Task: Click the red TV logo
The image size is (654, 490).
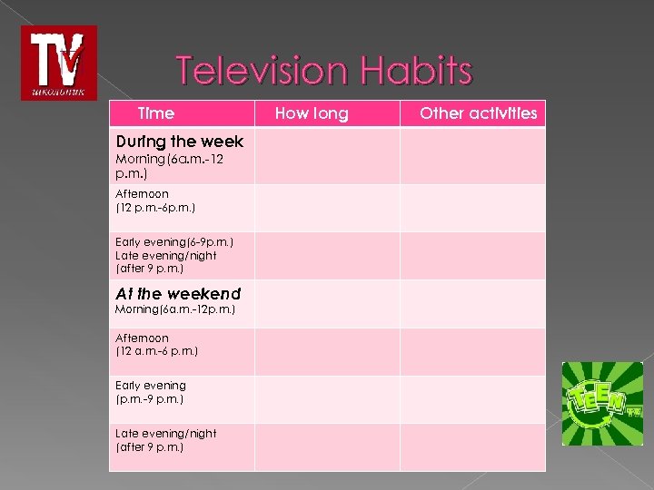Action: pyautogui.click(x=58, y=63)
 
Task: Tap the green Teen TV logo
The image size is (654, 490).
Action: pyautogui.click(x=601, y=404)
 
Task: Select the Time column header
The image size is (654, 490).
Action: pyautogui.click(x=155, y=113)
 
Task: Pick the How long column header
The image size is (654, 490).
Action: pyautogui.click(x=311, y=113)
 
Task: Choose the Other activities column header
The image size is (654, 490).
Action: pyautogui.click(x=478, y=113)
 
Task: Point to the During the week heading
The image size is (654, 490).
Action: pyautogui.click(x=180, y=142)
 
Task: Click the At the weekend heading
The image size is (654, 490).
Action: pyautogui.click(x=178, y=294)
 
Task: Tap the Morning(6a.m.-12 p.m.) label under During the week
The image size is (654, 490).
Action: pyautogui.click(x=170, y=165)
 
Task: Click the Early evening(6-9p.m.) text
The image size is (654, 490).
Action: pyautogui.click(x=174, y=242)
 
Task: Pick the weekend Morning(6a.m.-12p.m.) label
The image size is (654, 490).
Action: pyautogui.click(x=175, y=310)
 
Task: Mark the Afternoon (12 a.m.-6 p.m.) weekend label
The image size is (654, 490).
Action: pyautogui.click(x=156, y=345)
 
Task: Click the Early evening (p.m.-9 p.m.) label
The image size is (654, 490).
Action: pyautogui.click(x=151, y=392)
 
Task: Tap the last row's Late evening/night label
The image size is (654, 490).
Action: pyautogui.click(x=166, y=440)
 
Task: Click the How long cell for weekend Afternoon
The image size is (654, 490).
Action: pyautogui.click(x=327, y=352)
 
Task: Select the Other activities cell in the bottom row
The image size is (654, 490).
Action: pyautogui.click(x=472, y=447)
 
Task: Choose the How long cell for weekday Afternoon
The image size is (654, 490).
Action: pyautogui.click(x=327, y=208)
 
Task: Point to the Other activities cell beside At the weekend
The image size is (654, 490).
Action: pyautogui.click(x=472, y=303)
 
